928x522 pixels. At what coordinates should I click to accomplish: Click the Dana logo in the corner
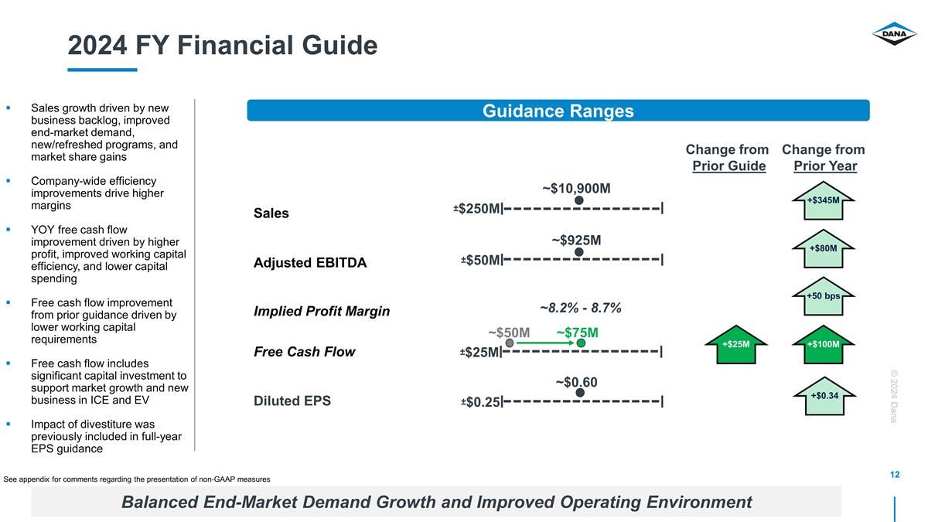pyautogui.click(x=894, y=35)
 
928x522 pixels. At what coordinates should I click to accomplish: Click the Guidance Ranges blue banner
pyautogui.click(x=558, y=111)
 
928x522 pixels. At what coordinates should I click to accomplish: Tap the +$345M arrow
pyautogui.click(x=824, y=202)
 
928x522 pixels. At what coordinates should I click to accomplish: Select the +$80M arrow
pyautogui.click(x=824, y=249)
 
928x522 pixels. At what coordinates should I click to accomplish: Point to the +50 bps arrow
pyautogui.click(x=824, y=297)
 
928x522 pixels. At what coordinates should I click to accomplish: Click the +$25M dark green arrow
pyautogui.click(x=735, y=344)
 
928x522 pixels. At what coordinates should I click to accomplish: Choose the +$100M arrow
pyautogui.click(x=824, y=344)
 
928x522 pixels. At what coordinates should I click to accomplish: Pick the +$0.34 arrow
pyautogui.click(x=824, y=395)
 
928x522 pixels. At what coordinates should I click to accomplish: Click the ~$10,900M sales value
pyautogui.click(x=577, y=189)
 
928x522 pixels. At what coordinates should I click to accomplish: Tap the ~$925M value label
pyautogui.click(x=576, y=241)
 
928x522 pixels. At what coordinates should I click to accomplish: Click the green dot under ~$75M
pyautogui.click(x=581, y=343)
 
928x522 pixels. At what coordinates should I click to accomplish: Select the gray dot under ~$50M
pyautogui.click(x=509, y=343)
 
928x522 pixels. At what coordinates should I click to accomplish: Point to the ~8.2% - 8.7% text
pyautogui.click(x=580, y=308)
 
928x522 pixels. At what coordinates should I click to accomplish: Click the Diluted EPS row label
pyautogui.click(x=292, y=401)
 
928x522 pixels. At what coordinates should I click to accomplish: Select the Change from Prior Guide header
pyautogui.click(x=727, y=157)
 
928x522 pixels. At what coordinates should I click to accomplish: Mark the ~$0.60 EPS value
pyautogui.click(x=576, y=382)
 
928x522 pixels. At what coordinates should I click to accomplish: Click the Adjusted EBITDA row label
pyautogui.click(x=310, y=263)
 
